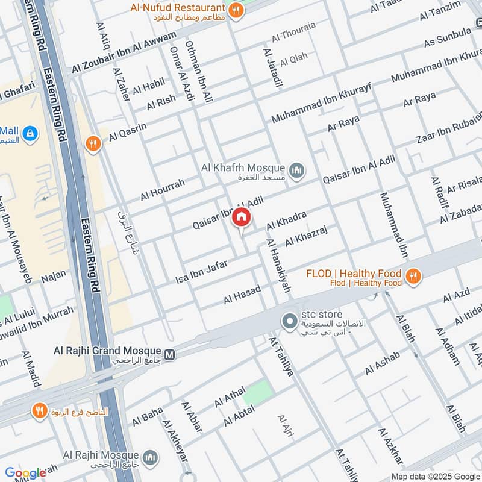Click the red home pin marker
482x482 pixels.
[x=241, y=218]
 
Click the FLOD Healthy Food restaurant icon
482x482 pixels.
[x=413, y=276]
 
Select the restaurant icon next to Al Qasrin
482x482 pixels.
[x=92, y=143]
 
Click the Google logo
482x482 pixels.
[x=25, y=472]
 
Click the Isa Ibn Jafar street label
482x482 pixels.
[x=201, y=270]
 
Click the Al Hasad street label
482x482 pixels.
[x=242, y=295]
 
